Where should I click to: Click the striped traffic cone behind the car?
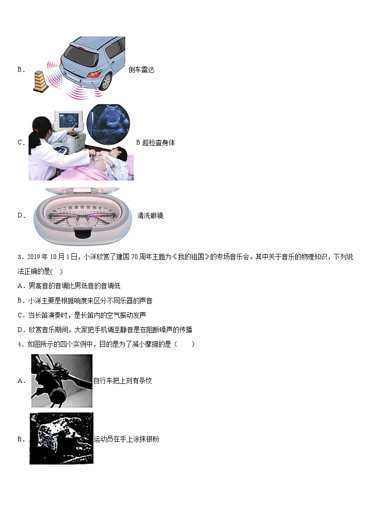click(40, 81)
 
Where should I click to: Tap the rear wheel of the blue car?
click(106, 82)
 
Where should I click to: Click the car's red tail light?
click(95, 74)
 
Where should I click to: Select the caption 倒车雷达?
click(142, 70)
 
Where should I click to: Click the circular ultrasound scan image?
click(108, 124)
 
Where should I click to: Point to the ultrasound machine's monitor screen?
click(68, 120)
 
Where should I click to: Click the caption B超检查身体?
click(156, 143)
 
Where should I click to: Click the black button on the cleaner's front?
click(83, 232)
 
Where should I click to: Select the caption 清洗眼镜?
click(150, 216)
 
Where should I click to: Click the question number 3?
click(20, 257)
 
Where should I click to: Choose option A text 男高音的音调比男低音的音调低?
click(74, 286)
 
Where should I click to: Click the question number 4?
click(20, 345)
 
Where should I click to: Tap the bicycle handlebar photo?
click(62, 381)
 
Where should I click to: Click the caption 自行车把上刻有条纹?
click(122, 381)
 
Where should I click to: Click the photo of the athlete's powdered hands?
click(61, 439)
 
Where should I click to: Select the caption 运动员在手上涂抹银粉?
click(127, 439)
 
